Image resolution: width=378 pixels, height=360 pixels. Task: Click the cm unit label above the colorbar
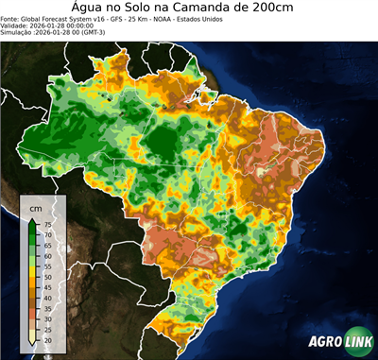coord(36,207)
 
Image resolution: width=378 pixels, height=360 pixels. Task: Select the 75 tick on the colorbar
coord(47,224)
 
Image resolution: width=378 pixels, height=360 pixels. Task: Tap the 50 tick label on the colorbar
coord(47,277)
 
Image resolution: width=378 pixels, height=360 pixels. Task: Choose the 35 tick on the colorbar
coord(47,309)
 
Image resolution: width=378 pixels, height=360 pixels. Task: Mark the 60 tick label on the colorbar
coord(47,256)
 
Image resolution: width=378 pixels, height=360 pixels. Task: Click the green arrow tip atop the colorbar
coord(33,219)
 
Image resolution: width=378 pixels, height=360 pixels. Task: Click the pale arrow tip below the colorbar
coord(33,345)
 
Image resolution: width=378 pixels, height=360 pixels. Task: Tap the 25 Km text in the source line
coord(139,19)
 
